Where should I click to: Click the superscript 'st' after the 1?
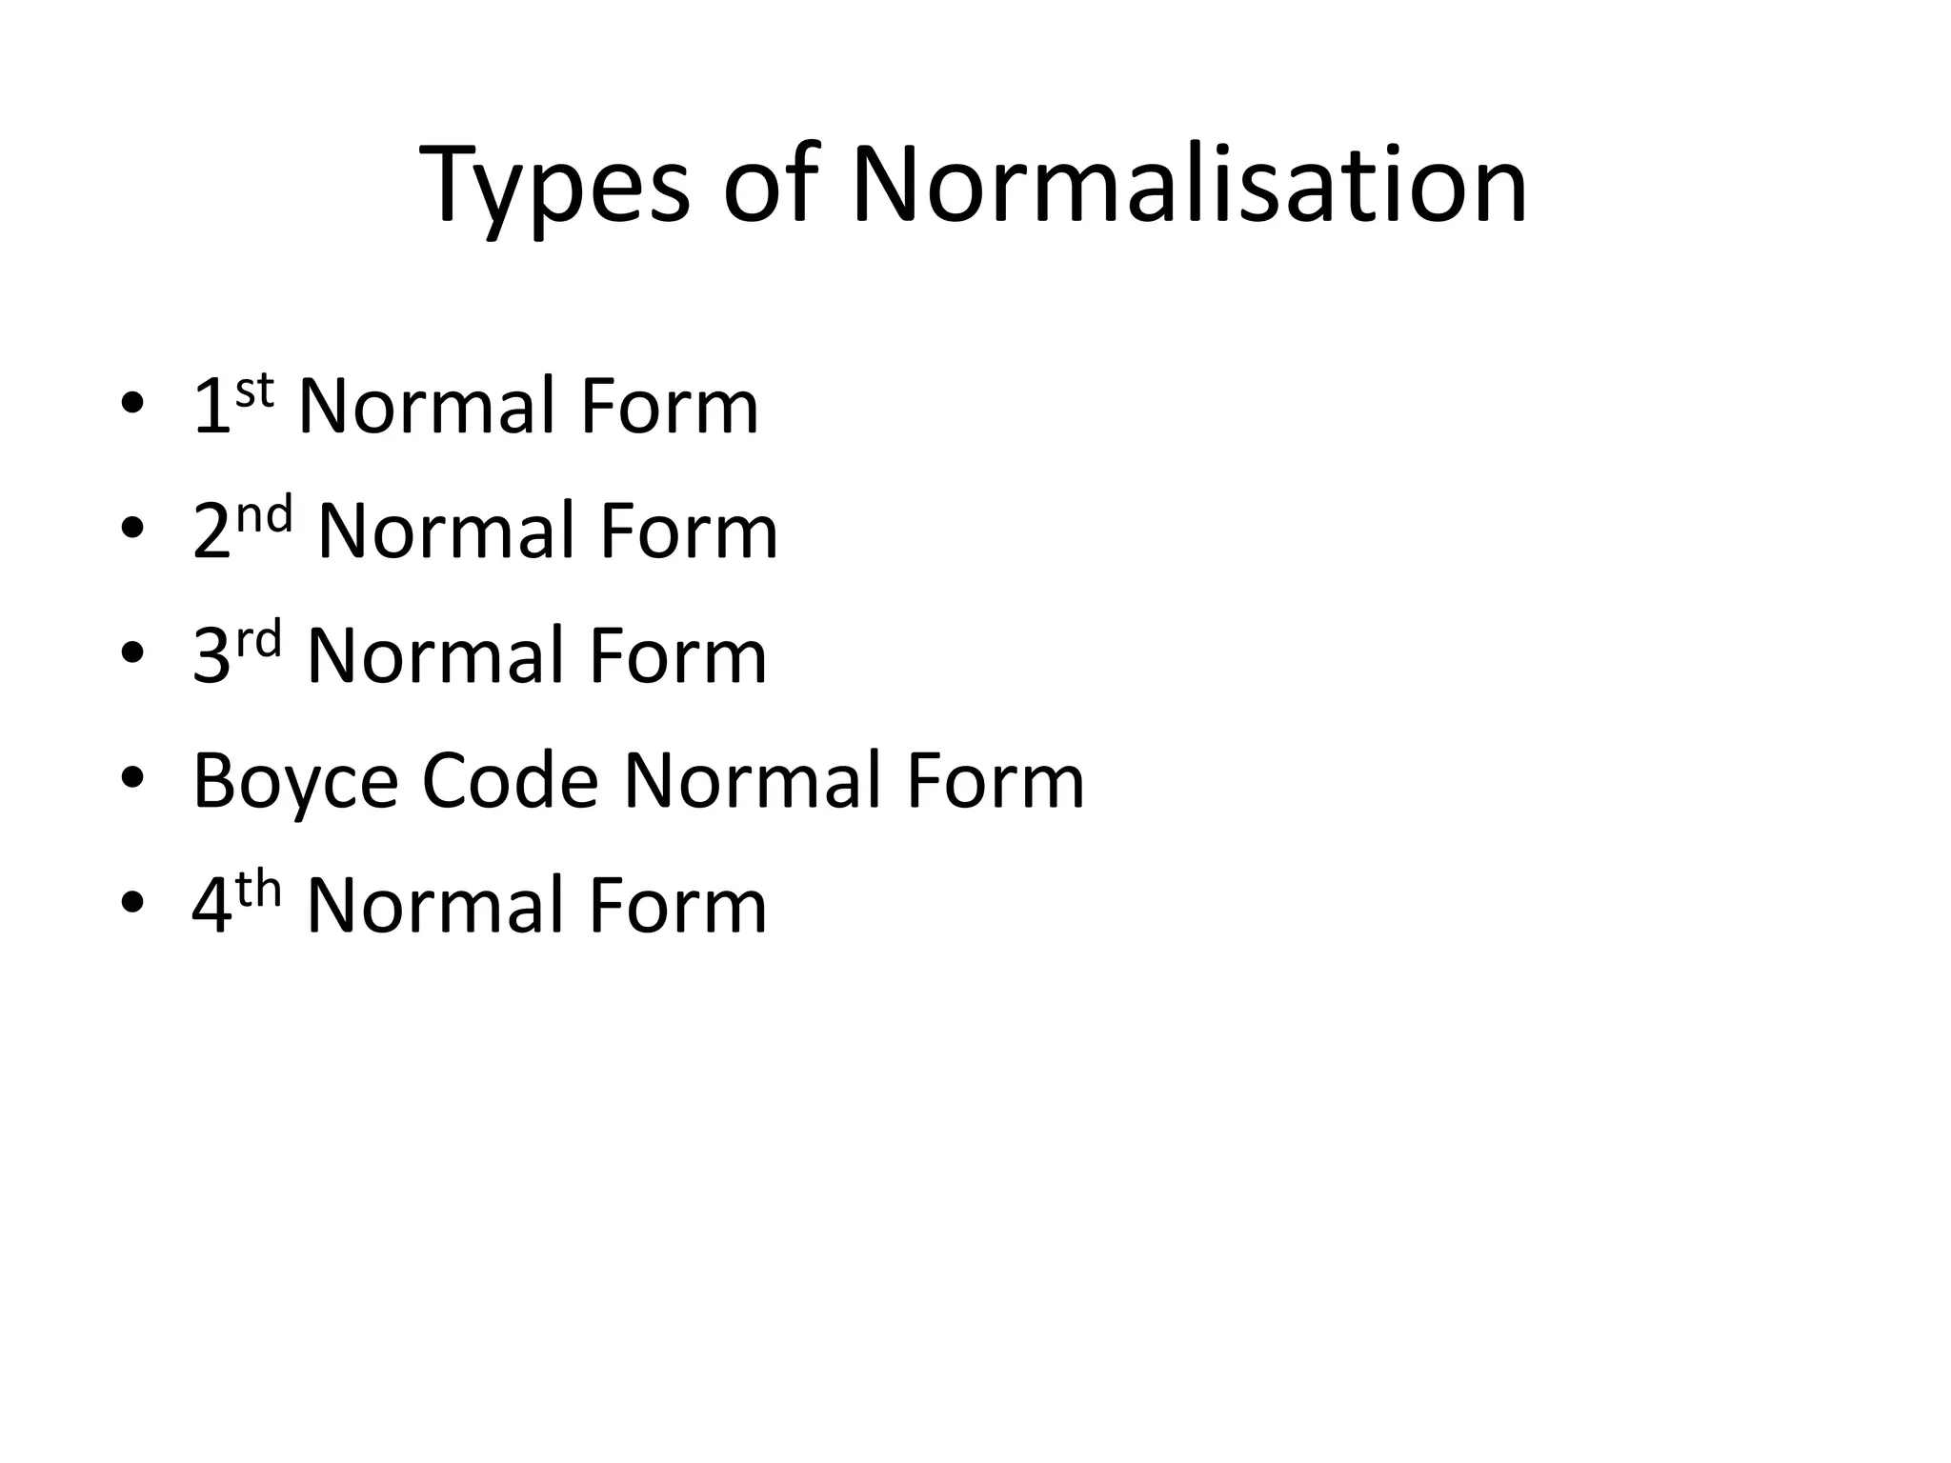[x=254, y=391]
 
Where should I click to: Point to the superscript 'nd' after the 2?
[x=265, y=515]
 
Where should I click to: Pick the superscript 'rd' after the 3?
[x=259, y=640]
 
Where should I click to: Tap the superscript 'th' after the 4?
[x=259, y=890]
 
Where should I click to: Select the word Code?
[x=510, y=781]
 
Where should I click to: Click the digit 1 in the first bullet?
[x=211, y=408]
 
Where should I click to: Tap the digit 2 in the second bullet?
[x=211, y=532]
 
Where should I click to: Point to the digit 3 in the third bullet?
[x=211, y=657]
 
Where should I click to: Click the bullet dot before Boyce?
[x=132, y=779]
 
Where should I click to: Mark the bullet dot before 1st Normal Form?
[x=132, y=405]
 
